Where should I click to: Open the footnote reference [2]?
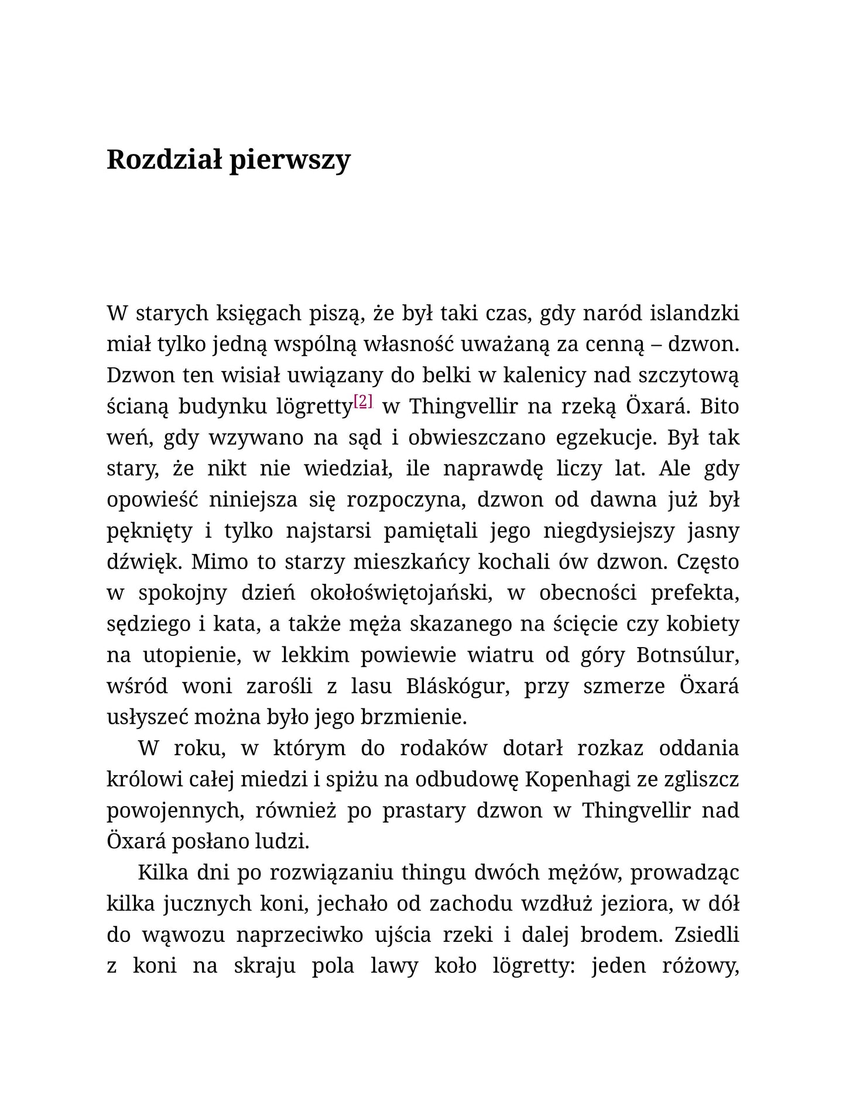tap(363, 401)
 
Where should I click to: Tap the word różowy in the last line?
tap(700, 966)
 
